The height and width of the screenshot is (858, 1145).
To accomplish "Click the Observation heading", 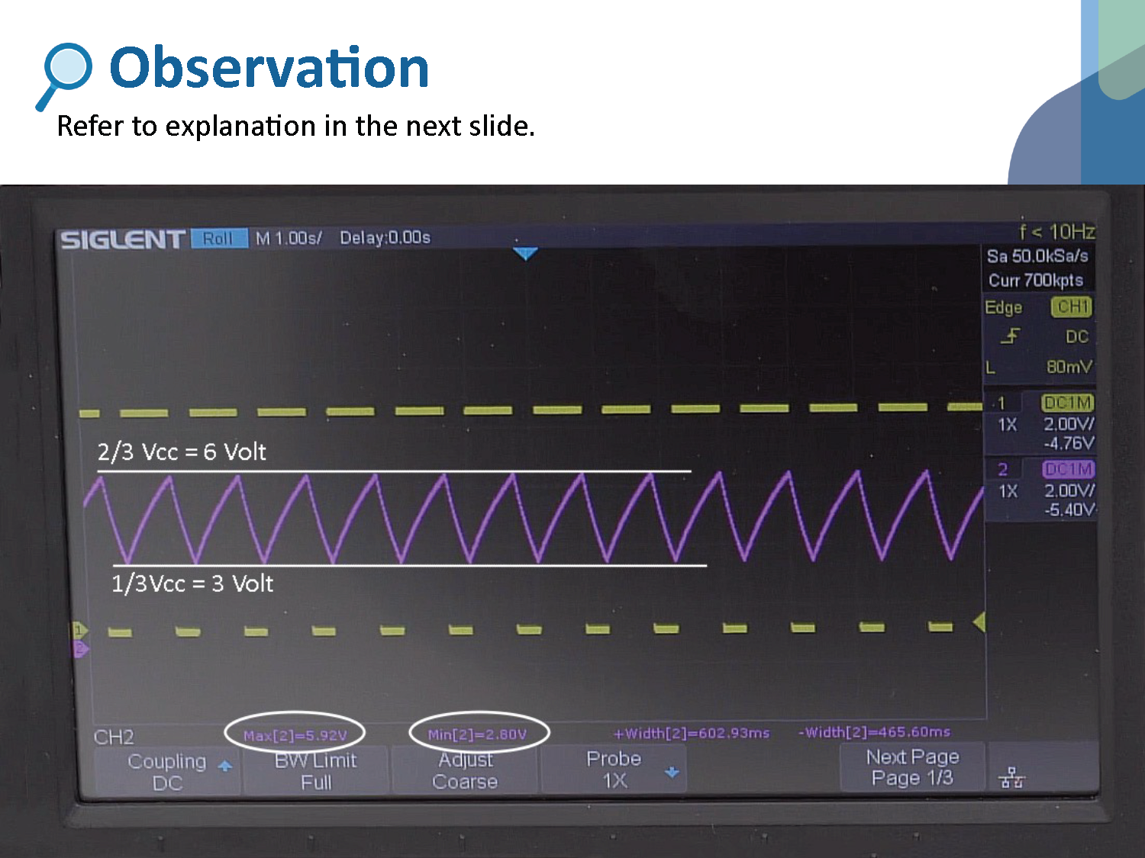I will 269,68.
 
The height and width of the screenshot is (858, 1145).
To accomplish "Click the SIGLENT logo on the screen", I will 122,240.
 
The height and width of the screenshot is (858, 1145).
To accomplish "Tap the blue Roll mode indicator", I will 218,239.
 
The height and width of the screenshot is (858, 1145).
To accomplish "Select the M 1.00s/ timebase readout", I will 288,239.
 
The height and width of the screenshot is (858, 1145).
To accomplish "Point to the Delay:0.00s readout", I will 385,238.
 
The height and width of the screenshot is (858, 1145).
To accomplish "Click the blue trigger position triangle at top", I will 525,253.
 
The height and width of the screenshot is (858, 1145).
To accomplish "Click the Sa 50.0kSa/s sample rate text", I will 1037,256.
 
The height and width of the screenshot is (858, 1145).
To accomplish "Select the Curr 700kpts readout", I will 1035,281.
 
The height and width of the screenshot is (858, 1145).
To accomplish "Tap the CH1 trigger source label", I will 1072,307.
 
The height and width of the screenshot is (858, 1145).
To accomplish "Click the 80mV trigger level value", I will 1069,367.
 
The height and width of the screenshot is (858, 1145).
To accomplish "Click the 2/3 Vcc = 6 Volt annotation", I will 182,452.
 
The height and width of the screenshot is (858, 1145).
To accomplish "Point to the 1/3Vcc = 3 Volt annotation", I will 192,584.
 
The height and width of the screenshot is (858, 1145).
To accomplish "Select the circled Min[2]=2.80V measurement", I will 478,734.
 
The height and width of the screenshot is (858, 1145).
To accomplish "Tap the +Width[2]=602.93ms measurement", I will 692,734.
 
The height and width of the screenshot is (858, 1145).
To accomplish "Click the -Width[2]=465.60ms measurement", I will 874,732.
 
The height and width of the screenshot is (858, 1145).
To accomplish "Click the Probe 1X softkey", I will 614,769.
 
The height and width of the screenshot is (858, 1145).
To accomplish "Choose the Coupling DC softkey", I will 167,772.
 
